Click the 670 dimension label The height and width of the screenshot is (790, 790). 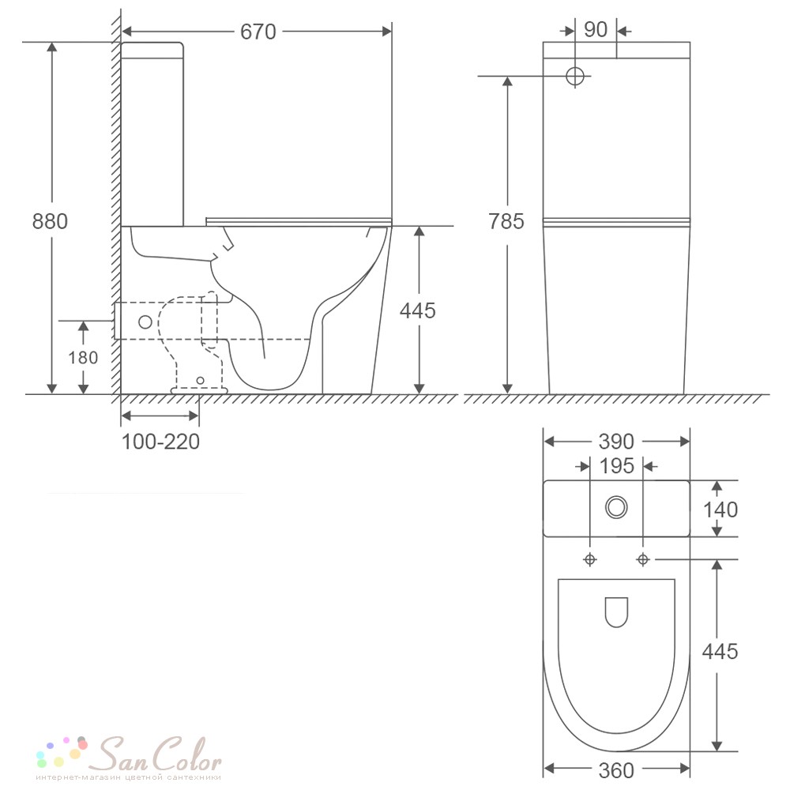pyautogui.click(x=258, y=32)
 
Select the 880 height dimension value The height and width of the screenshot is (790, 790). pyautogui.click(x=50, y=221)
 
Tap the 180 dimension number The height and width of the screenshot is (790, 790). pyautogui.click(x=83, y=357)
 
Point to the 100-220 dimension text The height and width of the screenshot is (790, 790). pyautogui.click(x=160, y=442)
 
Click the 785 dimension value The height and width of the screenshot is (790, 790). pyautogui.click(x=506, y=221)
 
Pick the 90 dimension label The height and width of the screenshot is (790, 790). pyautogui.click(x=596, y=30)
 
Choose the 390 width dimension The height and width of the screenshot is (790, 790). pyautogui.click(x=616, y=442)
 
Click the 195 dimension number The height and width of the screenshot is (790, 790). pyautogui.click(x=617, y=466)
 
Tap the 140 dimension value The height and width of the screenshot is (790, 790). pyautogui.click(x=720, y=510)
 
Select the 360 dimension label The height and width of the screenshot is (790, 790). pyautogui.click(x=616, y=769)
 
